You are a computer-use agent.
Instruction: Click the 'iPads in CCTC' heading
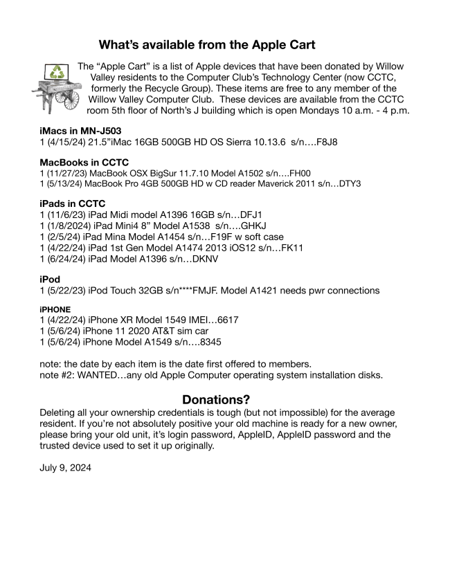pos(72,204)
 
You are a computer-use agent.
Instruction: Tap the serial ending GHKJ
pos(255,226)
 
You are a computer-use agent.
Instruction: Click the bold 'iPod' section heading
pos(52,279)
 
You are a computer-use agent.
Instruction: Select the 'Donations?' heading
pos(215,400)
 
